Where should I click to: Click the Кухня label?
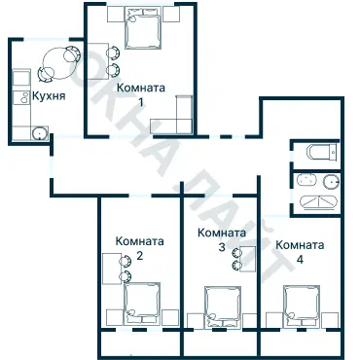click(x=49, y=97)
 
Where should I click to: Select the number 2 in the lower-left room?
click(x=139, y=256)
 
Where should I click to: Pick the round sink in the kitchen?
click(x=39, y=134)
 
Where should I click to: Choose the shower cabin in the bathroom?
click(x=317, y=202)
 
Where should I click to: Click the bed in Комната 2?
click(x=142, y=303)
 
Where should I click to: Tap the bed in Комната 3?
click(x=220, y=306)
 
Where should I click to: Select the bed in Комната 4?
click(x=300, y=306)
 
